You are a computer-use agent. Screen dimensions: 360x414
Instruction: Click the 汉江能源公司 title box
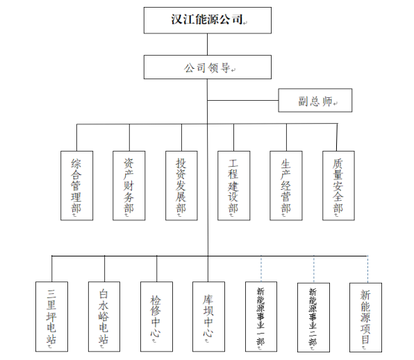[207, 19]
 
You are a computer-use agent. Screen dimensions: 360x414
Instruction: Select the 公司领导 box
[207, 68]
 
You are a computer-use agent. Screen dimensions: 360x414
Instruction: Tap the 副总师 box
[315, 101]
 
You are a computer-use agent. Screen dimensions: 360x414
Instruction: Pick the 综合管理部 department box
[76, 186]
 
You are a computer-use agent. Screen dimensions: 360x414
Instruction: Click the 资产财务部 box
[129, 186]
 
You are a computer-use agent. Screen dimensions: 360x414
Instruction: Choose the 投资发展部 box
[181, 186]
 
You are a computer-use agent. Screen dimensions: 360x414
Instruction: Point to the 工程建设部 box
[233, 186]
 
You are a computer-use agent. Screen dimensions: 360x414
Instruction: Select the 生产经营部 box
[285, 186]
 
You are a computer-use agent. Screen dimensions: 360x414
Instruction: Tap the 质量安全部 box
[338, 186]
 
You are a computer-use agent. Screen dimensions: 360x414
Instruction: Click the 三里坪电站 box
[52, 317]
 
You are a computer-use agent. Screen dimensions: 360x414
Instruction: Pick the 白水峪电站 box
[104, 317]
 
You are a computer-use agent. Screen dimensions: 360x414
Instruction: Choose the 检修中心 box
[156, 317]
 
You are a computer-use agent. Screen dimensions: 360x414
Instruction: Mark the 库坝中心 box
[208, 317]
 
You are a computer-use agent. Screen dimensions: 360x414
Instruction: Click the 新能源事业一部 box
[260, 317]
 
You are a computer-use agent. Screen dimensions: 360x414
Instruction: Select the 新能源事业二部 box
[313, 317]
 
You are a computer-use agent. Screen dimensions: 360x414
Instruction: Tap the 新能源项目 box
[366, 317]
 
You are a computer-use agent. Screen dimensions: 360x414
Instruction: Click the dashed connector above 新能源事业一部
[261, 268]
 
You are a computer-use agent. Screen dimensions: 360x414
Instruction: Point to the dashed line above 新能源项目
[367, 268]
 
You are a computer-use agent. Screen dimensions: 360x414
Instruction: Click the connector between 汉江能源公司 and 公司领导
[207, 44]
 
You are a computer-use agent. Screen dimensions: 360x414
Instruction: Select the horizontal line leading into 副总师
[242, 101]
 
